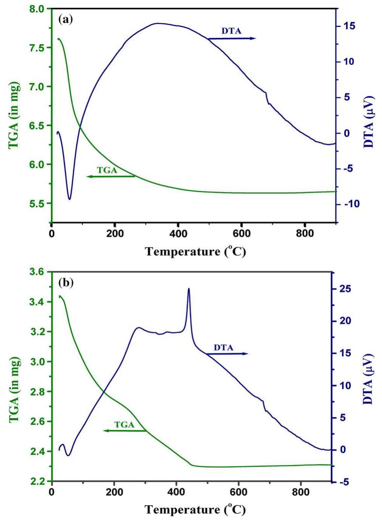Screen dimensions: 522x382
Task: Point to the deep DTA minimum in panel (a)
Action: (69, 198)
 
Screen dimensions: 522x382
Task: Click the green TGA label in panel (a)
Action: (107, 170)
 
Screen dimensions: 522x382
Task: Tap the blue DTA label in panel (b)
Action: (224, 347)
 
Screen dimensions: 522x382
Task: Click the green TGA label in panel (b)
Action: (125, 425)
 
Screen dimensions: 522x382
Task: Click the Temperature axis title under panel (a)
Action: (196, 252)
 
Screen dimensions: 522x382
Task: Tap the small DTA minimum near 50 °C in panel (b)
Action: (68, 455)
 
